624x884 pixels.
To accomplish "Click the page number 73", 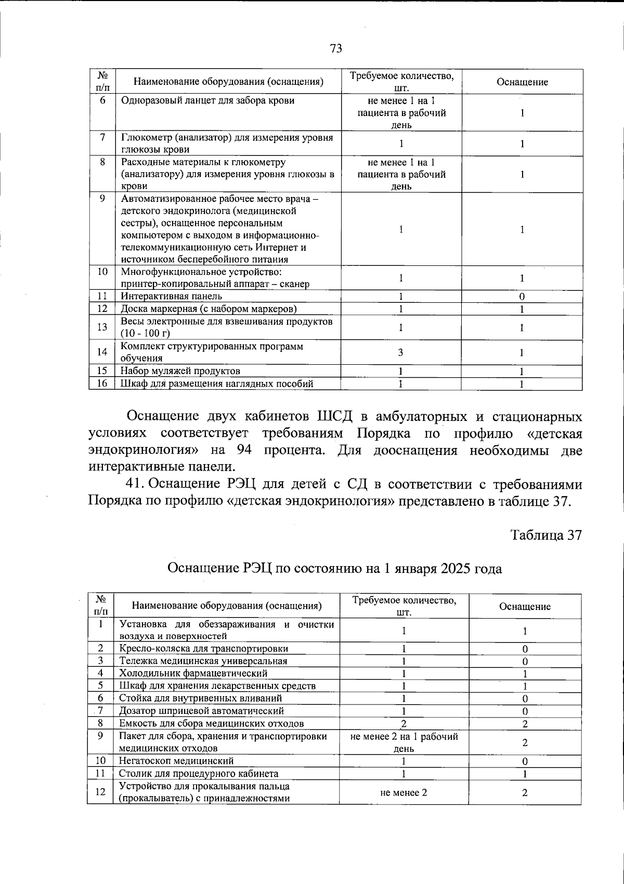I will click(336, 48).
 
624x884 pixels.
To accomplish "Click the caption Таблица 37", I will click(545, 535).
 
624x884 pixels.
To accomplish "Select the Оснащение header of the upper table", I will click(522, 82).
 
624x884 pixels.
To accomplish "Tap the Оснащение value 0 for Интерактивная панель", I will click(522, 296).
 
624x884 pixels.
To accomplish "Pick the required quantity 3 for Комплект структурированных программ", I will click(400, 352).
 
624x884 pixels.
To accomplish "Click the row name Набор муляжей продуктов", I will click(180, 371).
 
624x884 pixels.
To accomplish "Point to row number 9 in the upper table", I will click(102, 198).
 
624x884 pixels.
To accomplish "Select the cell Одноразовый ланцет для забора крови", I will click(207, 100).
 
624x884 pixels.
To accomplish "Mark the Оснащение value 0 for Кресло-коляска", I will click(525, 649).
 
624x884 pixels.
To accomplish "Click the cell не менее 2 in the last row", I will click(404, 792).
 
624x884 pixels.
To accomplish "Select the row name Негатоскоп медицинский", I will click(177, 761).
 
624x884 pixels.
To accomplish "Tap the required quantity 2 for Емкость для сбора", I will click(404, 723).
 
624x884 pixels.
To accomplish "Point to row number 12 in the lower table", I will click(101, 791).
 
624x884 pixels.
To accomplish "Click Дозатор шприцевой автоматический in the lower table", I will click(202, 711).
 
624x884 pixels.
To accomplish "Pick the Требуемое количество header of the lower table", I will click(404, 606).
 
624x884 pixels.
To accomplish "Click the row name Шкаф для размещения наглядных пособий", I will click(217, 384).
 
